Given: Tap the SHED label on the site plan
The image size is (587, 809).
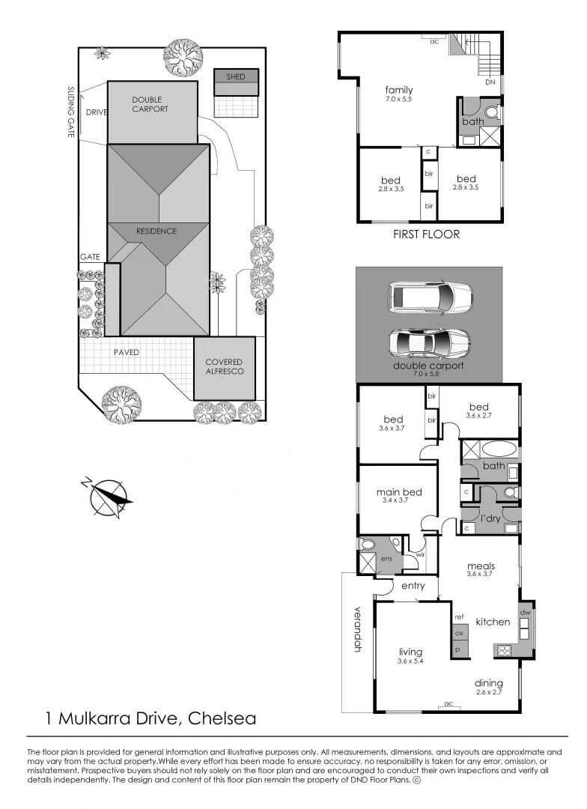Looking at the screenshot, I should click(236, 76).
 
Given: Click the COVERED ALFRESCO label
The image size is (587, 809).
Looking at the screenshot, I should click(224, 366).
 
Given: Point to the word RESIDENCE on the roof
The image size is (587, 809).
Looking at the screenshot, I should click(156, 231).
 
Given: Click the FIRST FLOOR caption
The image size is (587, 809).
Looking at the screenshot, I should click(426, 234).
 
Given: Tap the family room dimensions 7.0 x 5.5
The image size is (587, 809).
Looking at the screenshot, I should click(398, 99).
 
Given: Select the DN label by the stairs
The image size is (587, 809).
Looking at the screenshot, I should click(491, 82).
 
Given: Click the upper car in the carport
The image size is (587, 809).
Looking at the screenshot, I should click(432, 297).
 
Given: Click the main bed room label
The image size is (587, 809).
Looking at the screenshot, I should click(399, 492).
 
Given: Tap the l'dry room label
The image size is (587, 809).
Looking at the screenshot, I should click(490, 518).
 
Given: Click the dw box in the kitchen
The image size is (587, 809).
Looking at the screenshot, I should click(525, 612).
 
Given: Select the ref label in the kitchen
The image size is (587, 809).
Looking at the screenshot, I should click(460, 617).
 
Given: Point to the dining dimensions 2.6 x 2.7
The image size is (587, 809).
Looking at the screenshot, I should click(488, 693).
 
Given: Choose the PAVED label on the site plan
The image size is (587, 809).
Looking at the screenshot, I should click(127, 352).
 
